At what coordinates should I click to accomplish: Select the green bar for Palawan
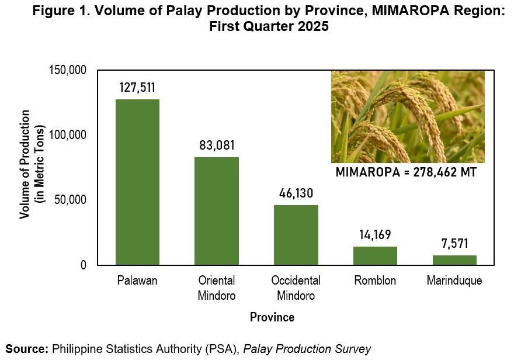coord(137,182)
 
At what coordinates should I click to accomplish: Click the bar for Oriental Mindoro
coord(217,211)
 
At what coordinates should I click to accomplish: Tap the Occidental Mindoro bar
coord(296,235)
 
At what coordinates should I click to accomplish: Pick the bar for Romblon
coord(375,256)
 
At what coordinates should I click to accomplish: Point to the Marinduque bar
coord(454,260)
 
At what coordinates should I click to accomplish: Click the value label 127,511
coord(137,88)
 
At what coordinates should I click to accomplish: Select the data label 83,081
coord(217,146)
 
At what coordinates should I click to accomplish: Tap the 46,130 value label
coord(296,193)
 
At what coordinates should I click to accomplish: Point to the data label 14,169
coord(375,234)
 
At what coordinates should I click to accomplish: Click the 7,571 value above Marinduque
coord(455,243)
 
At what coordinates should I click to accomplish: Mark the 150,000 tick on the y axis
coord(68,70)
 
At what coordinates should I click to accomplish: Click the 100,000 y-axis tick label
coord(68,135)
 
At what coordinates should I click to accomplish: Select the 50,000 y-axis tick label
coord(70,199)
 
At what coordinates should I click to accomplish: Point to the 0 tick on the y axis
coord(84,265)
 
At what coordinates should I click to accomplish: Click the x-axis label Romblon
coord(375,281)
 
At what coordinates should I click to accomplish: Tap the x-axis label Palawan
coord(137,281)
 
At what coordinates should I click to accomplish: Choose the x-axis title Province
coord(272,317)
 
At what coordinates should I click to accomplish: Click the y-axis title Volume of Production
coord(25,164)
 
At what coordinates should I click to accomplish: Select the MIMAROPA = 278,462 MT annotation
coord(407,172)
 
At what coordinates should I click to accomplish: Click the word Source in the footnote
coord(27,349)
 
